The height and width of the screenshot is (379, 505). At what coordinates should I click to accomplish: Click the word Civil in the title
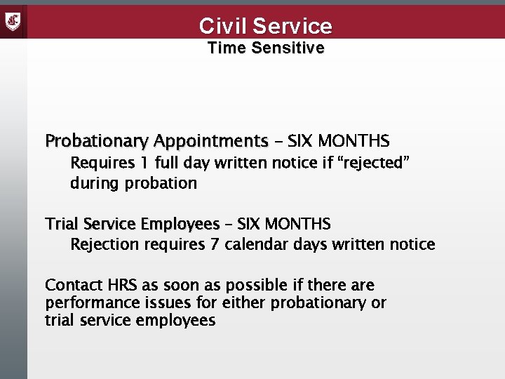click(222, 26)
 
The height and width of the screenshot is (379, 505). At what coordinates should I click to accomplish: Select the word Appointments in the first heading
click(211, 141)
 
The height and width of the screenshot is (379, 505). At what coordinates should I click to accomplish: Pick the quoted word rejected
click(373, 164)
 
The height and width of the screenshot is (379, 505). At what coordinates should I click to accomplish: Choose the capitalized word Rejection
click(103, 244)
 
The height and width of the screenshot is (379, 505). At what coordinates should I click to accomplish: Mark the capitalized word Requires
click(100, 164)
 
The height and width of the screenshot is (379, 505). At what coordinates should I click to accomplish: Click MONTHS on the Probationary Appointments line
click(354, 141)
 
